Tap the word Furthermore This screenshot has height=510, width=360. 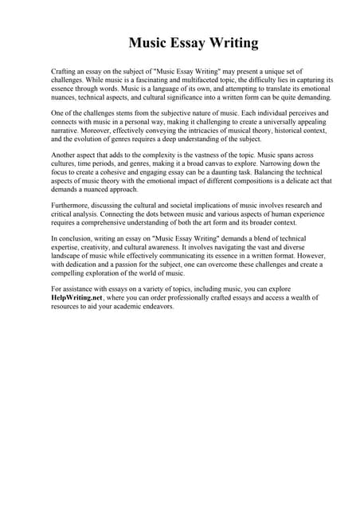(71, 205)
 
